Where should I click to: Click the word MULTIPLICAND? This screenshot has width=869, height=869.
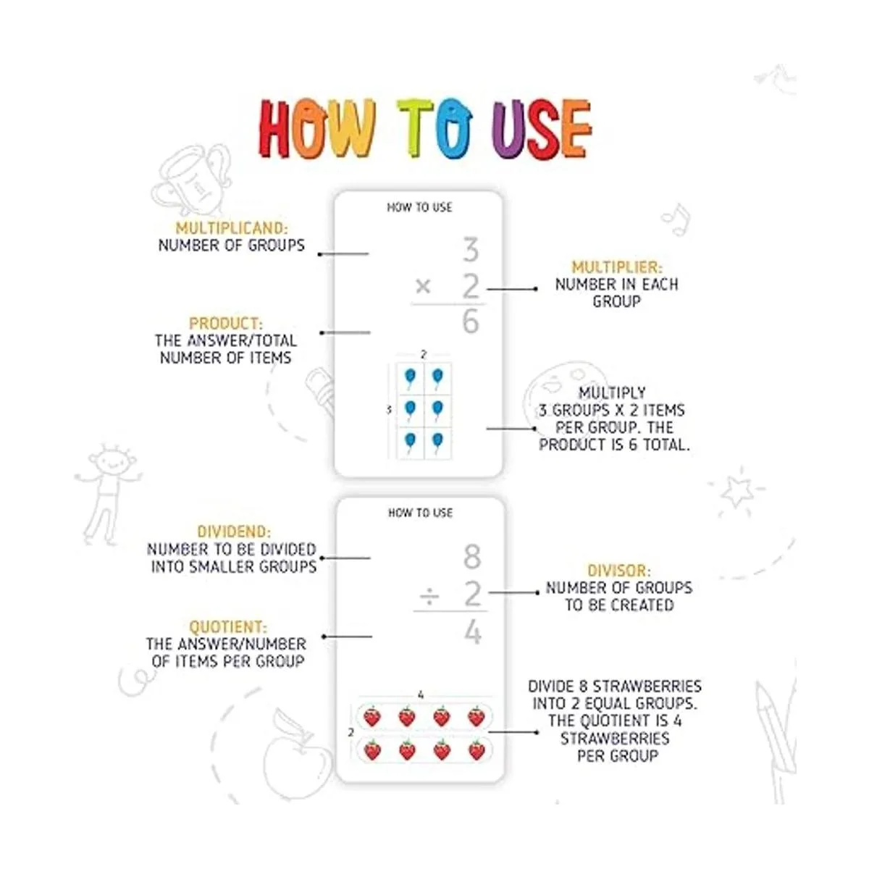[x=231, y=227]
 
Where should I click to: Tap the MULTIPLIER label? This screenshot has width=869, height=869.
[x=617, y=267]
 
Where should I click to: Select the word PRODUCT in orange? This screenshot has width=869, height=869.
[x=225, y=323]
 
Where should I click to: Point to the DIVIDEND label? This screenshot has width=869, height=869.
[x=234, y=532]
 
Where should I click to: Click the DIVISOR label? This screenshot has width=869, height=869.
[x=619, y=571]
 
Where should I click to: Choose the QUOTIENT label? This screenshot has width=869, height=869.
[x=227, y=627]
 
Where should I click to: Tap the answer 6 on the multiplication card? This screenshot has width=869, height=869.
[x=471, y=322]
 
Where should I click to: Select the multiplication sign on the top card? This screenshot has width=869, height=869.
[x=423, y=286]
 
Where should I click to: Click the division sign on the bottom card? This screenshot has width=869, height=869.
[x=429, y=597]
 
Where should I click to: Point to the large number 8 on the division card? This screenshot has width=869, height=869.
[x=472, y=556]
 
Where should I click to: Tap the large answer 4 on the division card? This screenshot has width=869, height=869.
[x=473, y=632]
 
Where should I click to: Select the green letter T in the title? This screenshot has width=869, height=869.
[x=415, y=127]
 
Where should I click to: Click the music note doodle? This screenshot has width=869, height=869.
[x=676, y=219]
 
